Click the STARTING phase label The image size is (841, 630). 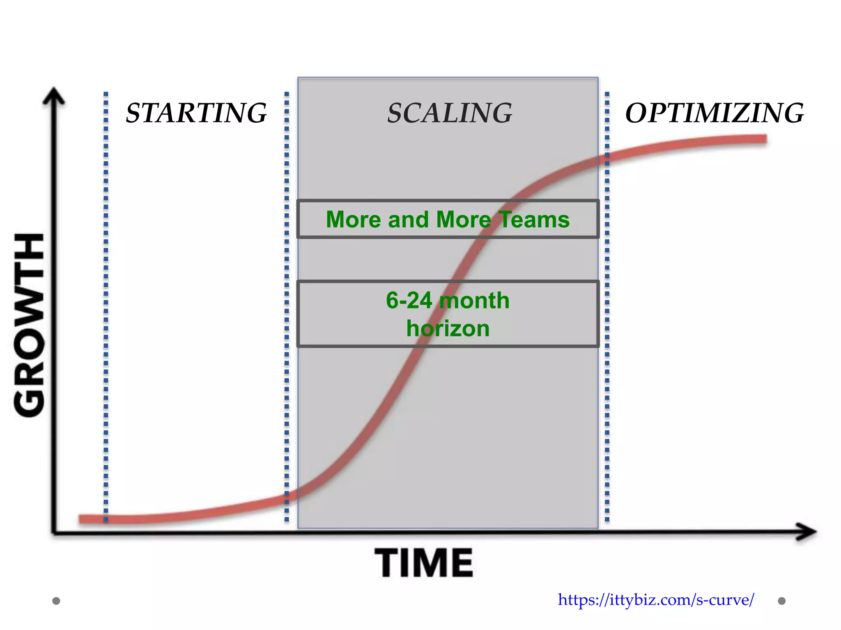tap(196, 113)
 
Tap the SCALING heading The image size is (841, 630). tap(450, 113)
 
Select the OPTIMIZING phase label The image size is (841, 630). tap(714, 113)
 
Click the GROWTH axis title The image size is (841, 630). tap(30, 325)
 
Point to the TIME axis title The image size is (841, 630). tap(424, 563)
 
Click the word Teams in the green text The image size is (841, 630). tap(534, 219)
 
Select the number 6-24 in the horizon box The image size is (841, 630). tap(409, 300)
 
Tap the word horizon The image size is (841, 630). tap(448, 329)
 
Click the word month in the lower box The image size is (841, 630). tap(474, 300)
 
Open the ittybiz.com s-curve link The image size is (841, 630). tap(656, 600)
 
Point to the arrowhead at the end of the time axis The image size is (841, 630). tap(807, 532)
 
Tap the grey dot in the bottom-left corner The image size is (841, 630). tap(56, 601)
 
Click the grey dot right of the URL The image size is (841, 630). tap(782, 601)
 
